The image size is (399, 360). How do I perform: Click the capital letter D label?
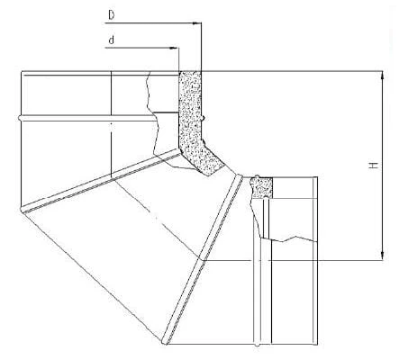point(112,15)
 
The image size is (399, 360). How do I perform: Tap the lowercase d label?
point(112,40)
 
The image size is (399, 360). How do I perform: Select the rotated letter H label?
point(374,166)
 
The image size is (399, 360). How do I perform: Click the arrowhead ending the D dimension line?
point(197,22)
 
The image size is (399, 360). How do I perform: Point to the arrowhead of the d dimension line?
point(175,48)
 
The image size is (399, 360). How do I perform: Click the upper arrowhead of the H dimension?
point(382,76)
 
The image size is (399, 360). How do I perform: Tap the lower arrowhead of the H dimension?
point(382,256)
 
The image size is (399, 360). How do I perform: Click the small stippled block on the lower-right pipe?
point(262,187)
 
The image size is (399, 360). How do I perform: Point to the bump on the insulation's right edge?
point(204,119)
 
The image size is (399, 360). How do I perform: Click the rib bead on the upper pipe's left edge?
point(20,118)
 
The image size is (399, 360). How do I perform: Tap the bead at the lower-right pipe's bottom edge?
point(257,344)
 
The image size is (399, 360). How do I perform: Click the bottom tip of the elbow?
point(164,344)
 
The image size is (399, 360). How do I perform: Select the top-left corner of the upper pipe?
point(22,71)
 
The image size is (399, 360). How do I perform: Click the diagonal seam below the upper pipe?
point(101,181)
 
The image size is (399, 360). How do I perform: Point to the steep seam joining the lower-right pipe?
point(202,259)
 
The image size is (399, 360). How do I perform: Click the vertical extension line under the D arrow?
point(201,47)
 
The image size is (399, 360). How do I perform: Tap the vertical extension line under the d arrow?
point(178,59)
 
